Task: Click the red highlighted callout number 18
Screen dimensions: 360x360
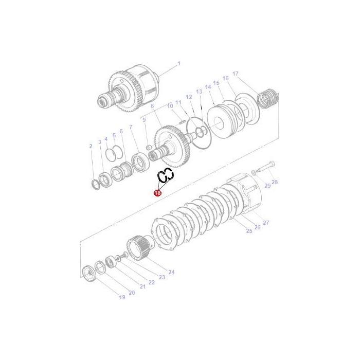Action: point(157,193)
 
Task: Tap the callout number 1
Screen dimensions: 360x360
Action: point(179,64)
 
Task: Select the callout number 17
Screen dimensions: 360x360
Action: point(235,74)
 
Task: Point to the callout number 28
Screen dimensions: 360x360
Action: point(275,182)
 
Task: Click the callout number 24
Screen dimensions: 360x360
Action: point(171,272)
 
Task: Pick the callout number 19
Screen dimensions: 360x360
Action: point(122,297)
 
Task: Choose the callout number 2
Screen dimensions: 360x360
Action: point(91,147)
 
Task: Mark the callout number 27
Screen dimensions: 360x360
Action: point(266,222)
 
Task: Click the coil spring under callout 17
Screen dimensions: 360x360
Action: point(270,99)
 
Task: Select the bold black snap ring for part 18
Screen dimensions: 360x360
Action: point(166,177)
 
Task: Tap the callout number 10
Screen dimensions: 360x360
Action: point(170,106)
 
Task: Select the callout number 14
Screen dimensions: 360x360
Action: point(208,87)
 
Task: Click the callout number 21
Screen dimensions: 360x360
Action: point(142,286)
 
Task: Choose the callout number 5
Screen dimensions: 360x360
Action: point(114,136)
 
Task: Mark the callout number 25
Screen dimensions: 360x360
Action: point(249,231)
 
